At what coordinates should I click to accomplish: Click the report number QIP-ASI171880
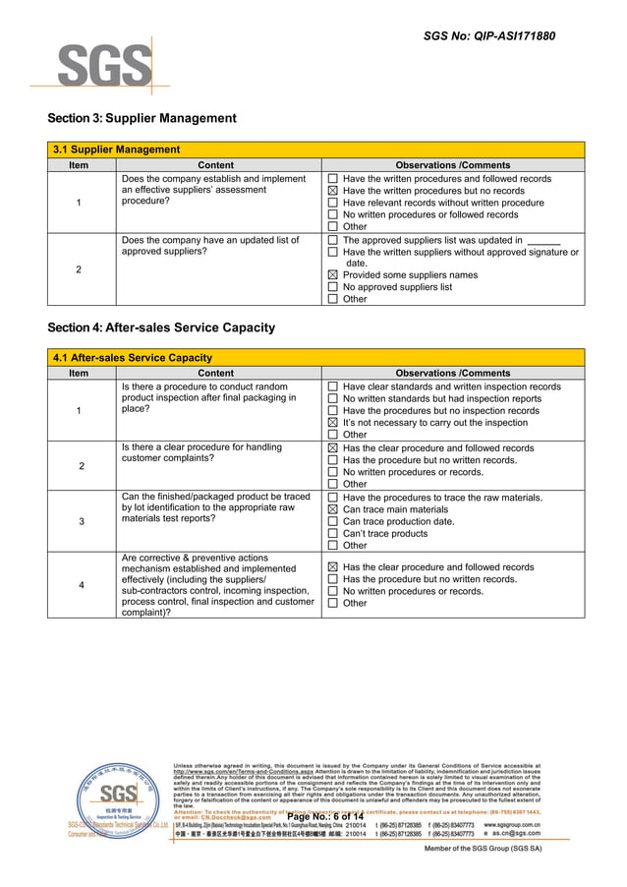tap(488, 36)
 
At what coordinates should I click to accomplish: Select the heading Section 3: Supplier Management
tap(142, 119)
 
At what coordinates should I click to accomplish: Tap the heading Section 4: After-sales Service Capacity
tap(161, 327)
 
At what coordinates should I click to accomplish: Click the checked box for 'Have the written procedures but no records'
tap(332, 191)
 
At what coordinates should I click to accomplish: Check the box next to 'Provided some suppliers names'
tap(332, 275)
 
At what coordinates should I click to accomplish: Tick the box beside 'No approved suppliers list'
tap(332, 287)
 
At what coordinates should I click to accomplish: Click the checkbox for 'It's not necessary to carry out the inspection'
tap(332, 423)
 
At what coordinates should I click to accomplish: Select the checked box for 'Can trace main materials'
tap(332, 509)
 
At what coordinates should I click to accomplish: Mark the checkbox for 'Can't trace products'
tap(332, 533)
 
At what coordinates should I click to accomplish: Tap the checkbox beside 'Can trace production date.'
tap(332, 521)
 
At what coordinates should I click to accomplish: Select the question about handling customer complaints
tap(200, 453)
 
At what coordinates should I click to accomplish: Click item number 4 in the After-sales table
tap(81, 586)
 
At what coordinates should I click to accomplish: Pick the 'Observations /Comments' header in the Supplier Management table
tap(452, 165)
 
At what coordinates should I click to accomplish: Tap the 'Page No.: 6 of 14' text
tap(324, 817)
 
